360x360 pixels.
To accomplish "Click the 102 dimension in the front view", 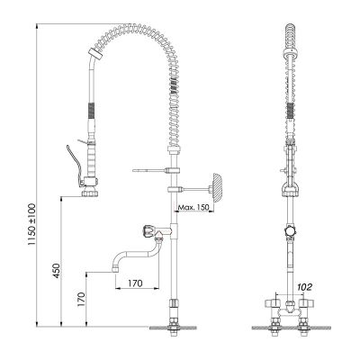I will pyautogui.click(x=303, y=287).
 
